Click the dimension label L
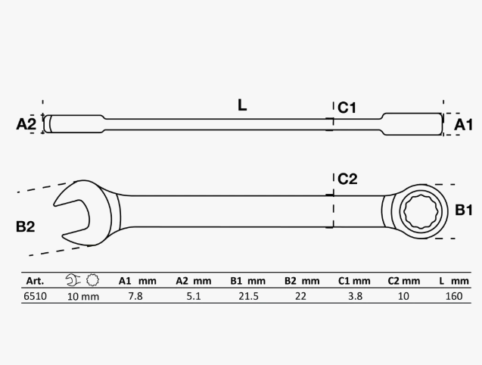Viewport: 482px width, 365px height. coord(242,105)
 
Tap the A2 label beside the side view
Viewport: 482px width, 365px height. coord(26,124)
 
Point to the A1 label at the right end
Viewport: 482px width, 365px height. coord(463,125)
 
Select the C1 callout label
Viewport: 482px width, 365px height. coord(347,108)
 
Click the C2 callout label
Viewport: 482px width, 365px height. coord(347,179)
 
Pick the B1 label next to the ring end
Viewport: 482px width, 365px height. coord(464,211)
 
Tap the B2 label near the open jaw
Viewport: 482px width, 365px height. coord(25,227)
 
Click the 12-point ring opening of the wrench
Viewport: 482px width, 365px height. coord(421,211)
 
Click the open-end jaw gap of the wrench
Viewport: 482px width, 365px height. coord(71,218)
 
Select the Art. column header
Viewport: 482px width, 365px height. coord(35,281)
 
